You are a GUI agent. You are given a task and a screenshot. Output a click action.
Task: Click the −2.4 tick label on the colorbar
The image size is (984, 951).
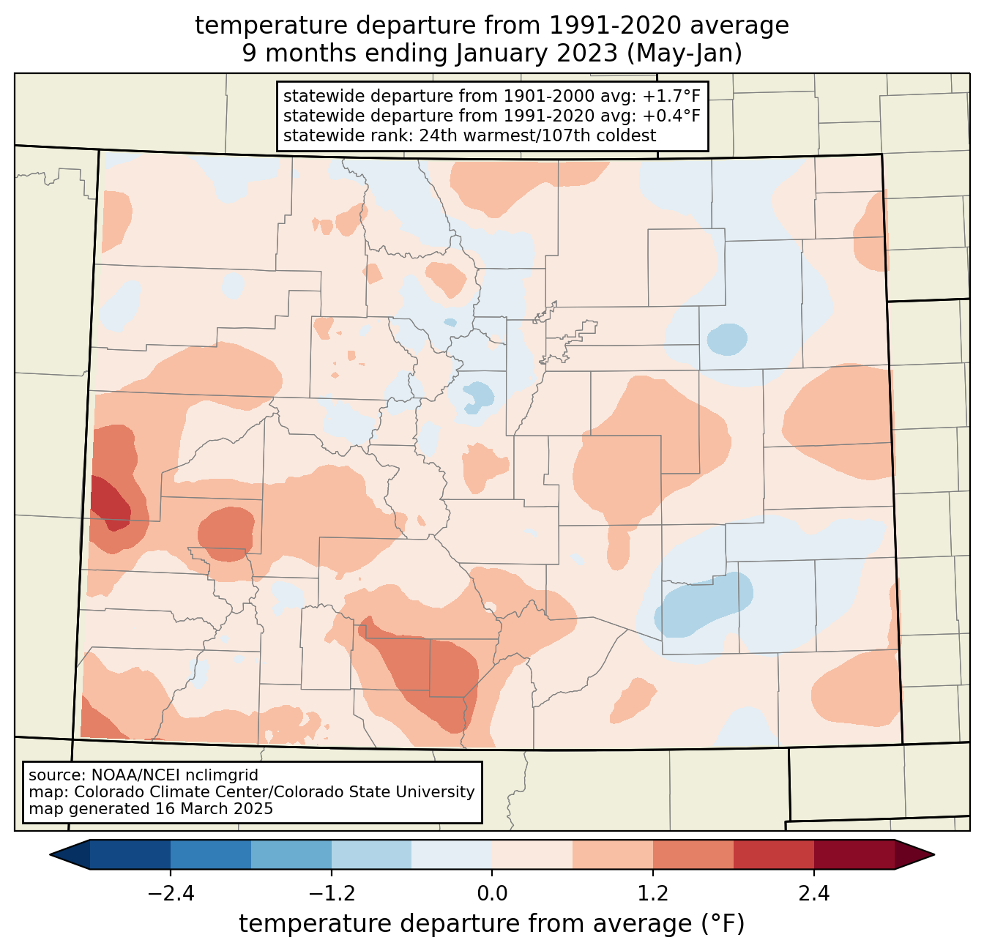[x=171, y=894]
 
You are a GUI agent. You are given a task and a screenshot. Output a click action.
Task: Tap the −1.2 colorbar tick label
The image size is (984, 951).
[x=332, y=894]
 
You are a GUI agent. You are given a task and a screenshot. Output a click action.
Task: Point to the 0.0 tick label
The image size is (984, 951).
[x=492, y=894]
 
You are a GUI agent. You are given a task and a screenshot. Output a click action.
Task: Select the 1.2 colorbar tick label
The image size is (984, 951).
[x=653, y=894]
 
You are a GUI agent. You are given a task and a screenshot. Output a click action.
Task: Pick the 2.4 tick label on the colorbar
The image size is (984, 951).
[x=814, y=894]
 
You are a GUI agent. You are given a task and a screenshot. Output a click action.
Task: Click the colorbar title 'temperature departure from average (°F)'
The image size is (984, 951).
[x=491, y=923]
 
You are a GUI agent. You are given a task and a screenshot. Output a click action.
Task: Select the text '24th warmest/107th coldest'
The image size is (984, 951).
[x=537, y=135]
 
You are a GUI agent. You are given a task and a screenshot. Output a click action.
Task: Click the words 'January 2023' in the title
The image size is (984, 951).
[x=536, y=53]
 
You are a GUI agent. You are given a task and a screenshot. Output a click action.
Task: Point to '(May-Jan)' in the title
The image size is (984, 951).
[x=685, y=53]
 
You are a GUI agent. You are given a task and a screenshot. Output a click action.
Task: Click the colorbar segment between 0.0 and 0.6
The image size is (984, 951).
[x=532, y=855]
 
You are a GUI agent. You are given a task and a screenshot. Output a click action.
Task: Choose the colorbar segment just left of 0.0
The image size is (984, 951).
[x=452, y=855]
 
